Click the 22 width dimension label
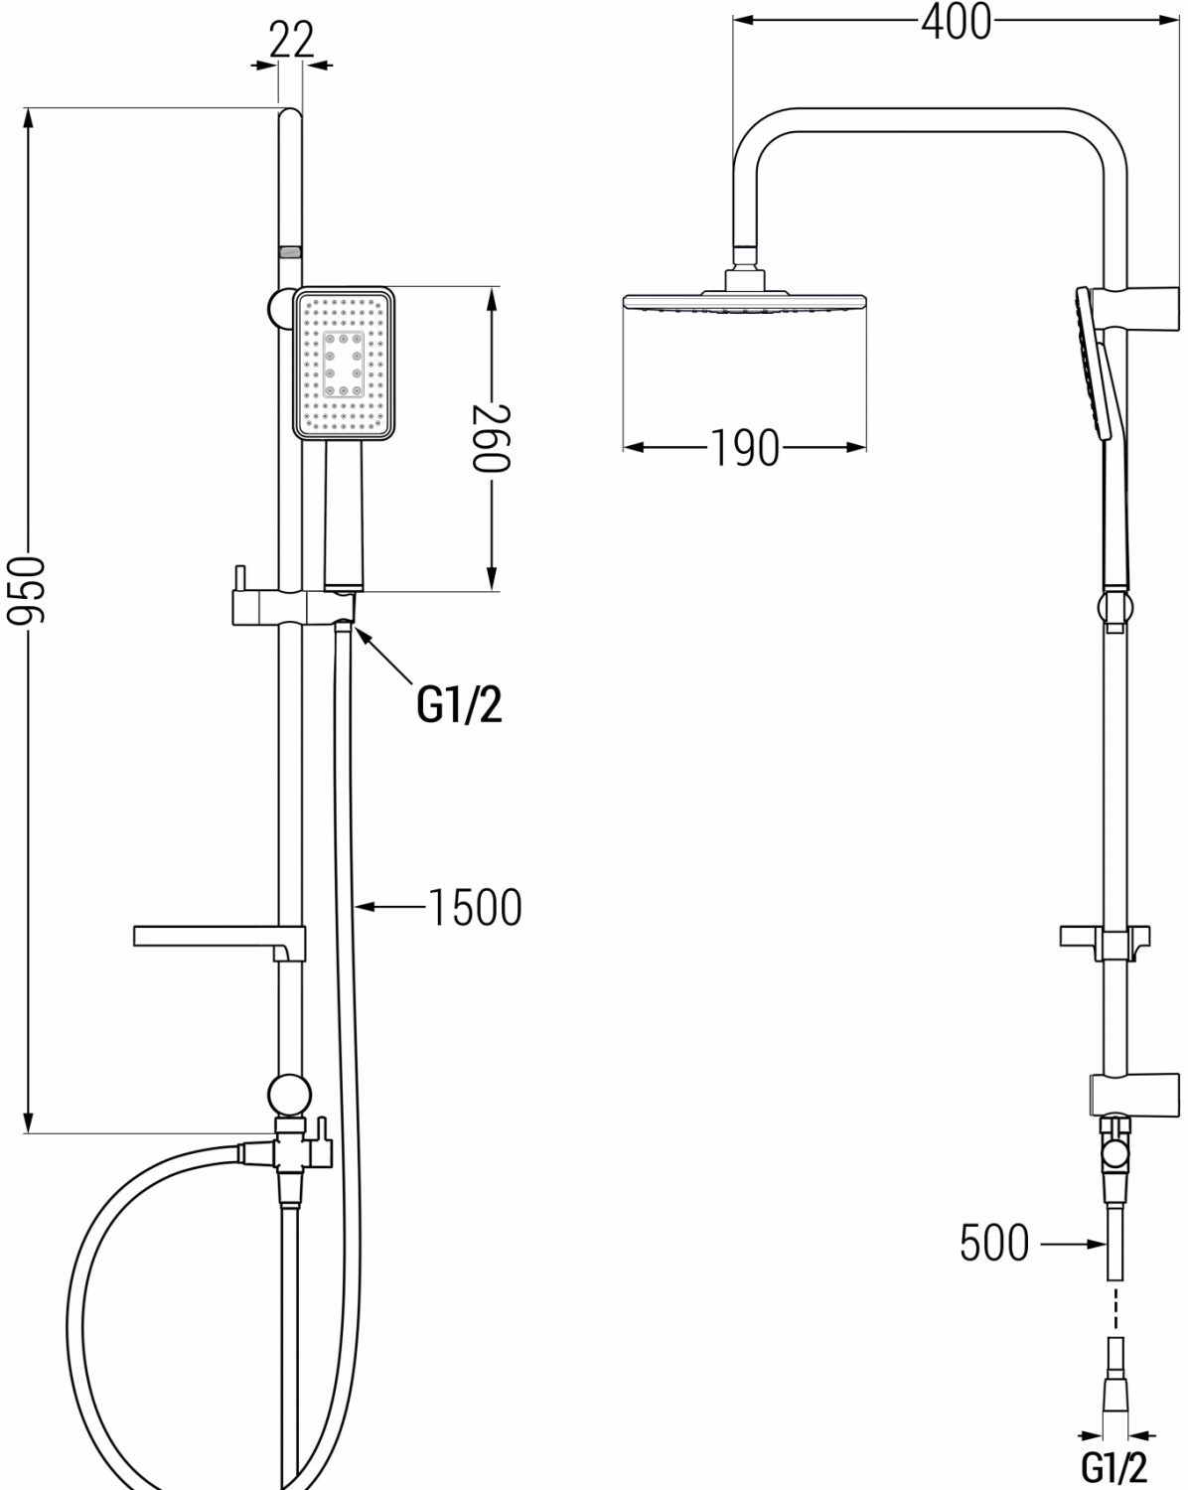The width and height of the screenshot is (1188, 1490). pos(291,40)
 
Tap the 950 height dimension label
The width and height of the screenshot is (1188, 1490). pos(27,589)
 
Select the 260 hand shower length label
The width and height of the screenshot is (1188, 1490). pos(492,438)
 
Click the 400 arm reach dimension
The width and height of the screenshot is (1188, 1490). pos(957,21)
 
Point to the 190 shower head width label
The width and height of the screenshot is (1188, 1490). pos(745,448)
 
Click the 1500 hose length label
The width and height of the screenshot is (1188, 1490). pos(475,907)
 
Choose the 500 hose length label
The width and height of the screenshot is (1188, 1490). pos(994,1244)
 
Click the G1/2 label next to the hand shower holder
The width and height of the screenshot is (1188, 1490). pos(459,704)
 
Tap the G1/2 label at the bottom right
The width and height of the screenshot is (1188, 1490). pos(1114,1466)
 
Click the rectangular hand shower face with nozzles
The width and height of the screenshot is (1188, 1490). pos(344,363)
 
